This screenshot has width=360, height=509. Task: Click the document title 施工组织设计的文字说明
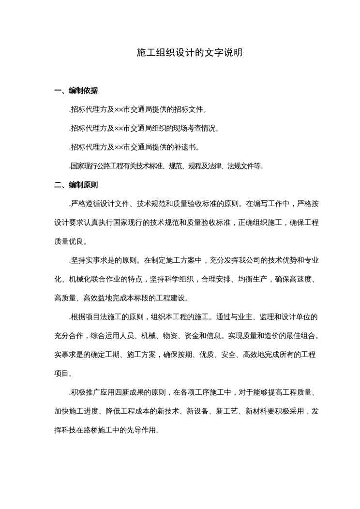pos(189,53)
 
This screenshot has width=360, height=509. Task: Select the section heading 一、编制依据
pos(76,90)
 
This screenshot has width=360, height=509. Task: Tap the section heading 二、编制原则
pos(76,185)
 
